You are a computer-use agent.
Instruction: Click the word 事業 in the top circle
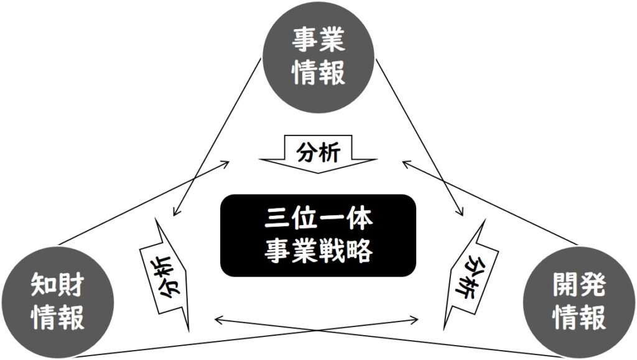point(318,44)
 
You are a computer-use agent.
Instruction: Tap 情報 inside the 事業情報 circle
point(318,73)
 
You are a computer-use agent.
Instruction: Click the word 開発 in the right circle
point(579,288)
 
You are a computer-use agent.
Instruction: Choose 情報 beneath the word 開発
point(579,318)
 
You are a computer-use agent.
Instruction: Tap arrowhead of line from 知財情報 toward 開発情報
point(418,321)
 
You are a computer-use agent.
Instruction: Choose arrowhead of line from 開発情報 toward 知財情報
point(215,321)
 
